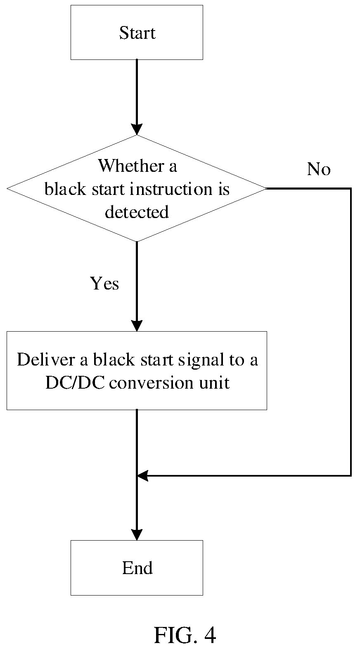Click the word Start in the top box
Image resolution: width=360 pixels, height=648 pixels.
pos(137,33)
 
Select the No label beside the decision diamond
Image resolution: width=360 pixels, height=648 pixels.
pos(319,169)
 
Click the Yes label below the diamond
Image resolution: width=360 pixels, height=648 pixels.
pos(104,283)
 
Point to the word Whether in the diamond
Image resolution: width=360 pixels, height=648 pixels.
pos(131,166)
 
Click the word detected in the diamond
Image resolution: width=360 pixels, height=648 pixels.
pos(137,212)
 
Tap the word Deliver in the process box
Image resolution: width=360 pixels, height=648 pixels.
pos(46,360)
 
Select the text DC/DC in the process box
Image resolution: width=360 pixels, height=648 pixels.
pos(75,383)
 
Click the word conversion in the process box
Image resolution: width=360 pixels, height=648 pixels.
pos(152,383)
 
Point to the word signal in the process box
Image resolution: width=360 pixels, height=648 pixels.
pos(201,360)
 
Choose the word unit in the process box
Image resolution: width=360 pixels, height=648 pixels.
pos(214,383)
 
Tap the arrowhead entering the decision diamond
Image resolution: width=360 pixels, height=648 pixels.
pos(137,129)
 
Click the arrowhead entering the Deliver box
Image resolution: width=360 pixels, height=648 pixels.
pos(137,326)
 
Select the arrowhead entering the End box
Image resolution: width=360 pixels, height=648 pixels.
pos(137,534)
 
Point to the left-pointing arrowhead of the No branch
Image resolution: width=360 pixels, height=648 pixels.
pos(142,476)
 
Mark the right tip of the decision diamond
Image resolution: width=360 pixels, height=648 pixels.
pos(267,189)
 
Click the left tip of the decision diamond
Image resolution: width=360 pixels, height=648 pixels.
pos(7,189)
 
